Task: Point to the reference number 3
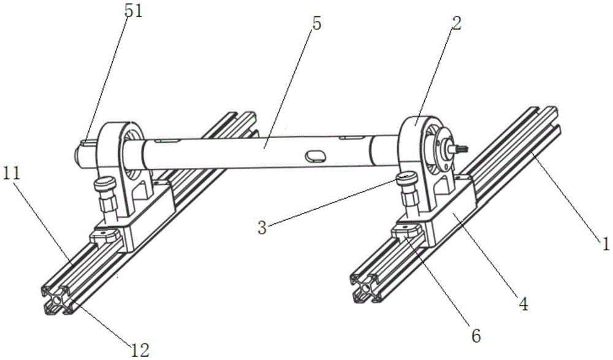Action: pyautogui.click(x=262, y=228)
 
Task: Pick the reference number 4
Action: pyautogui.click(x=524, y=303)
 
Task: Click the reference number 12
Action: pyautogui.click(x=140, y=350)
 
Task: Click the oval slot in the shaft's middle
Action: pyautogui.click(x=314, y=156)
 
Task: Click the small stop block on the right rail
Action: pyautogui.click(x=408, y=231)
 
